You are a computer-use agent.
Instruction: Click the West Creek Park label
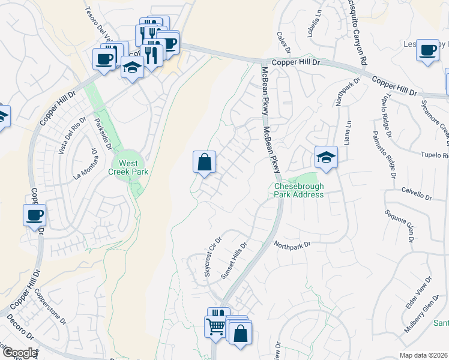127,167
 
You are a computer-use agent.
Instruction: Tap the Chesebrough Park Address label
299,190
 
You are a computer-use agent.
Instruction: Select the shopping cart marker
215,327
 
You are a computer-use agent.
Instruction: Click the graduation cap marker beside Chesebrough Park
326,157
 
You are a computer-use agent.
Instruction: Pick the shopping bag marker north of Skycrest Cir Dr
204,161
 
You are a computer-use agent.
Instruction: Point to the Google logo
19,353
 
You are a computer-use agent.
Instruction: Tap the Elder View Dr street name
419,293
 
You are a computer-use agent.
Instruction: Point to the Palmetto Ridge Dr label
384,155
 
